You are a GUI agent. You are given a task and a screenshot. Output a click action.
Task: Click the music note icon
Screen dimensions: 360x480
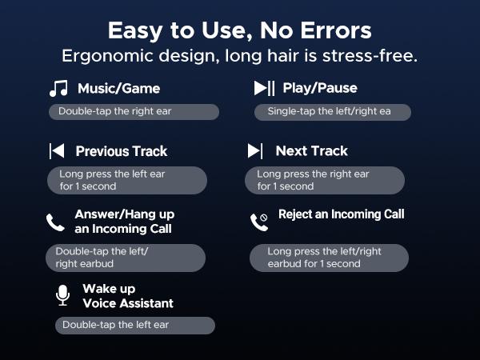click(x=58, y=89)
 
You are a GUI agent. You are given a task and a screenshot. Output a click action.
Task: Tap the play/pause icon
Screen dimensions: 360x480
click(x=264, y=88)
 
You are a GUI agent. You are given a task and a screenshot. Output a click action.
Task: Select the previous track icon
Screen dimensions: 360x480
click(x=57, y=151)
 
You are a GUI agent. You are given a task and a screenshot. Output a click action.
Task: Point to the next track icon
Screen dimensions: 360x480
click(x=255, y=151)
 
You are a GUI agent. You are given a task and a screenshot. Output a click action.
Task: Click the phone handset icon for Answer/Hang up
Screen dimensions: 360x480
click(x=55, y=222)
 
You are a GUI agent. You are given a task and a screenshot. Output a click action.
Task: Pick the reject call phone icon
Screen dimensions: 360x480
click(x=258, y=222)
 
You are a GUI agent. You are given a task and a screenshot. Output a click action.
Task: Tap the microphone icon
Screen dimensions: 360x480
click(x=62, y=295)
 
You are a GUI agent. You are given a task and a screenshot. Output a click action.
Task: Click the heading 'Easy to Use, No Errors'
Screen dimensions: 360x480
click(x=239, y=30)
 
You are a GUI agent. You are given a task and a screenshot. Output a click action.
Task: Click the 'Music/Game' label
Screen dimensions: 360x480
click(x=118, y=88)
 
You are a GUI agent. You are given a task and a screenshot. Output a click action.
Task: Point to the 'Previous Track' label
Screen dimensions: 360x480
click(x=122, y=151)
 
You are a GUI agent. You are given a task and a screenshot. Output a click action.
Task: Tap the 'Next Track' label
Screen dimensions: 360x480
click(x=311, y=151)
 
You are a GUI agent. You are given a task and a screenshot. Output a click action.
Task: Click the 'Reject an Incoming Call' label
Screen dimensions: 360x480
click(x=341, y=214)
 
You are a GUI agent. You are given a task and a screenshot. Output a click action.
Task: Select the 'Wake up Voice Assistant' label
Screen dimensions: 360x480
click(x=128, y=296)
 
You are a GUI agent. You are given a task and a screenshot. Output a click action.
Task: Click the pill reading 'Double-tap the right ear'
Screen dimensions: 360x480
click(x=134, y=112)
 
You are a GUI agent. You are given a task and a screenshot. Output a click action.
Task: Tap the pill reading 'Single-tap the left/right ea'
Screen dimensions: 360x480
click(x=333, y=112)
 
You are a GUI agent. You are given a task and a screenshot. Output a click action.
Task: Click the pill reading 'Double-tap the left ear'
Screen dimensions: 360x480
click(x=134, y=325)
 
